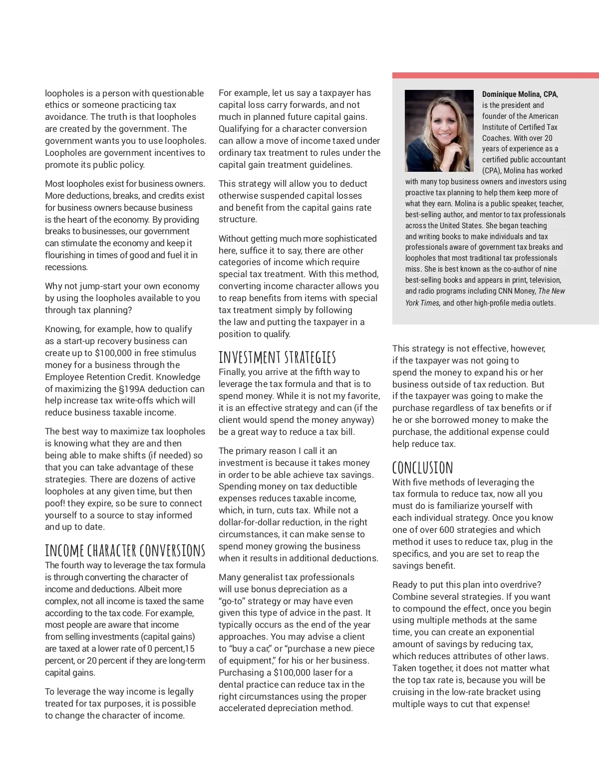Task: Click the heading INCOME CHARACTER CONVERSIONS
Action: (125, 550)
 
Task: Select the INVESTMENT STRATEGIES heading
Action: (277, 358)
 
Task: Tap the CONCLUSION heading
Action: (422, 468)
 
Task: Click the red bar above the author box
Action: (495, 75)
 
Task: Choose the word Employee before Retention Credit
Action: (63, 377)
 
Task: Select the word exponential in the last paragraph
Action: (510, 632)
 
